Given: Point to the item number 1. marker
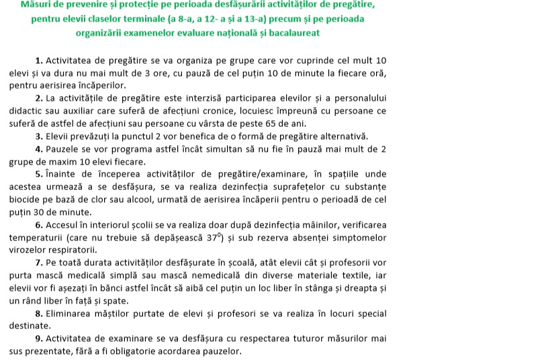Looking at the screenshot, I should click(39, 60).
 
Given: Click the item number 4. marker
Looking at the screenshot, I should click(39, 148).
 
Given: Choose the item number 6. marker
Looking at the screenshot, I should click(39, 225).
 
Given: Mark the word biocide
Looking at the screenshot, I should click(26, 199).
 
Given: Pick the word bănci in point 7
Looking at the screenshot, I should click(115, 288).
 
